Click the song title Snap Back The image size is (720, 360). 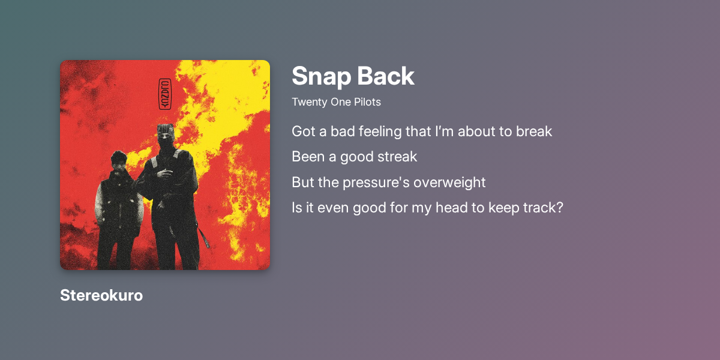[353, 76]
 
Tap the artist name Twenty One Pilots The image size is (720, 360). [336, 102]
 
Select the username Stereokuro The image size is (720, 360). [101, 295]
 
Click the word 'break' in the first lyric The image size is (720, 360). [534, 131]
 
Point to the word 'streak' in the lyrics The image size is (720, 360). [396, 157]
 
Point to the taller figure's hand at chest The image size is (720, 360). [166, 173]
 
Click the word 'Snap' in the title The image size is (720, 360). [319, 76]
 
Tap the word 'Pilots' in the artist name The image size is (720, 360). [367, 102]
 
